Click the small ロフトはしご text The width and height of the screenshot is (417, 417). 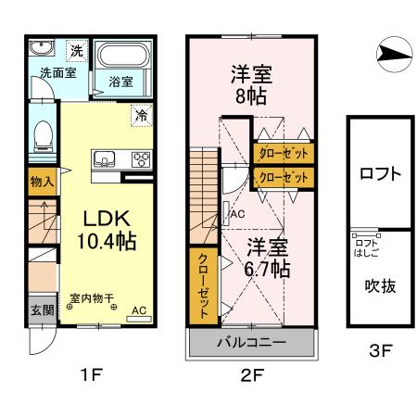point(366,246)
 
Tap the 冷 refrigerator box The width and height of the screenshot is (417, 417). point(142,116)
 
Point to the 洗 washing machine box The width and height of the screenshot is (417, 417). point(77,51)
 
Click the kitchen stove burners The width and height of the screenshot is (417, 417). point(142,157)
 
